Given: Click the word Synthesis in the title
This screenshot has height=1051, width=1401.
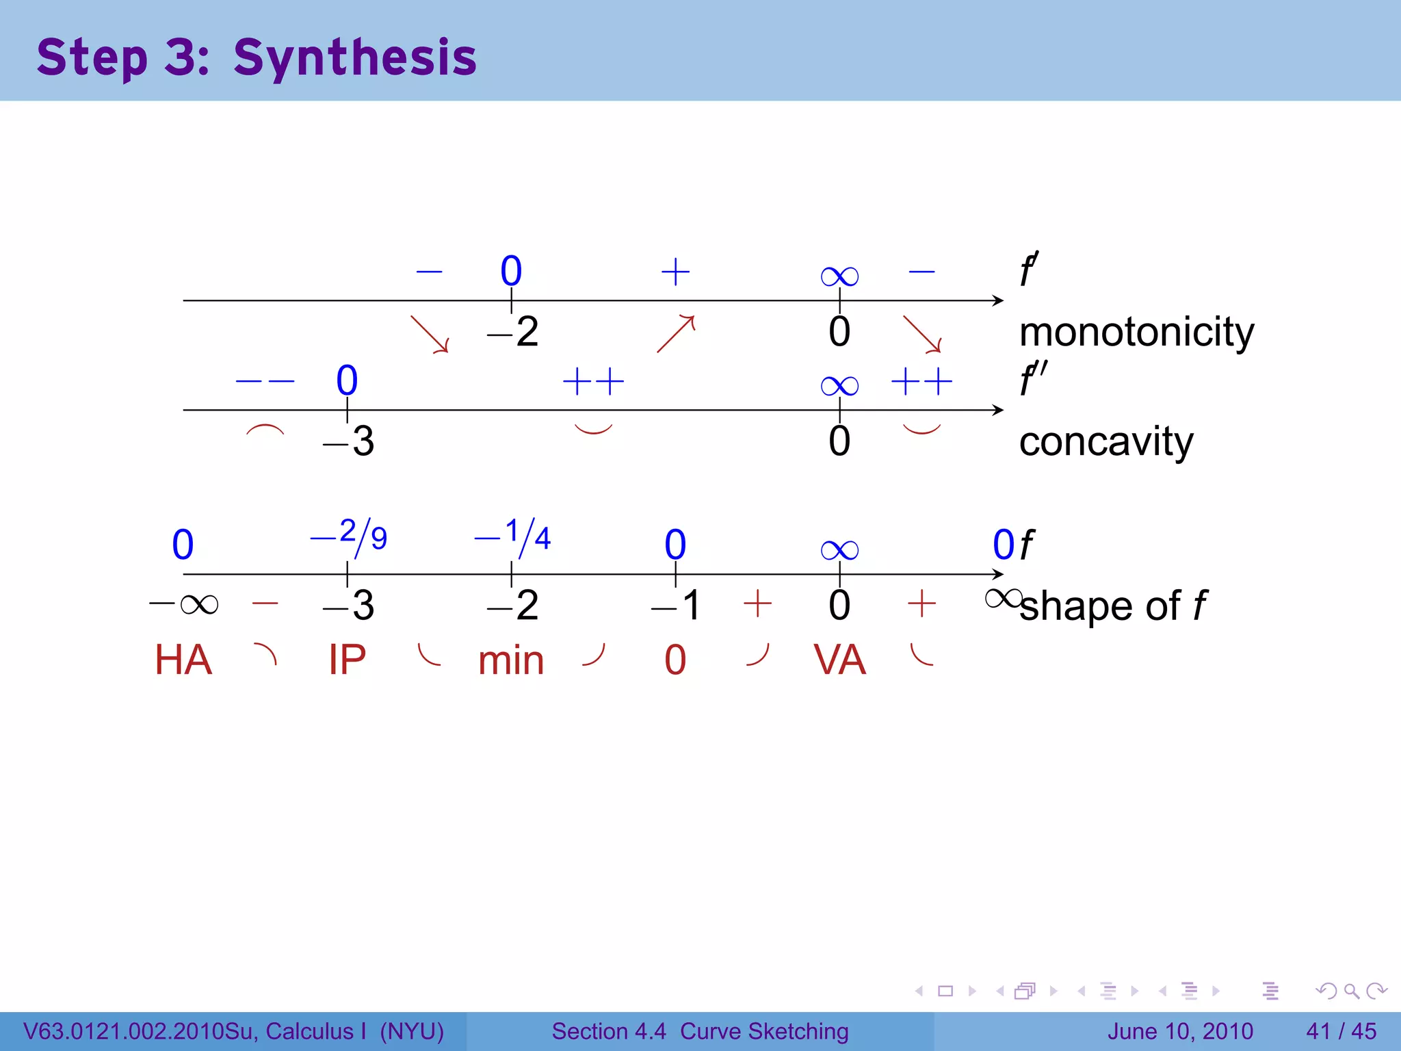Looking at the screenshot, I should [x=354, y=57].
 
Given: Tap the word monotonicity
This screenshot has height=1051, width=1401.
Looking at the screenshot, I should [x=1136, y=333].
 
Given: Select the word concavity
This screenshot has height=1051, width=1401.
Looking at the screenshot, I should [x=1105, y=442].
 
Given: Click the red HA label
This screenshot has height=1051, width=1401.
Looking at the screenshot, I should [x=183, y=660].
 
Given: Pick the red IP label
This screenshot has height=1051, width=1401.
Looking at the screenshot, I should [x=347, y=660].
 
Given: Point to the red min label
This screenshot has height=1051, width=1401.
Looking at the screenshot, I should [x=511, y=662].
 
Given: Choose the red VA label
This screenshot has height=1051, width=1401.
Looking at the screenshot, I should [x=839, y=660].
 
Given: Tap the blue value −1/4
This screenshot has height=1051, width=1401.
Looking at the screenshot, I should [x=512, y=536].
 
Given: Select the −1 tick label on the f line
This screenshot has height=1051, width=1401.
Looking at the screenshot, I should [x=676, y=606].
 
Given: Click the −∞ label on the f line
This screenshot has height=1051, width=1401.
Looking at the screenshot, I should [x=183, y=604].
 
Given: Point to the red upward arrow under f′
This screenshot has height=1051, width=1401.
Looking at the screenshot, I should [x=676, y=333].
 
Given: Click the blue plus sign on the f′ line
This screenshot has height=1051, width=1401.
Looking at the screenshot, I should [x=675, y=272].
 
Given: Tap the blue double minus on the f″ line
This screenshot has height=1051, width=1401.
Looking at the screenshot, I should [x=265, y=381].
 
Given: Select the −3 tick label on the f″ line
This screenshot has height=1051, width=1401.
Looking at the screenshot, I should [x=349, y=441].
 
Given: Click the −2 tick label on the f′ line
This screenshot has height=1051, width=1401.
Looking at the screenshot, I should [x=513, y=333].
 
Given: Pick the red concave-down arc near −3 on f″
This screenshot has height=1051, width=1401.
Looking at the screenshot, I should [x=265, y=430].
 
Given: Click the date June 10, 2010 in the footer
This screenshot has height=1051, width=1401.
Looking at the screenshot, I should [x=1180, y=1031].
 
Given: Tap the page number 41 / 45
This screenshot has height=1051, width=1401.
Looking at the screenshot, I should [x=1341, y=1031].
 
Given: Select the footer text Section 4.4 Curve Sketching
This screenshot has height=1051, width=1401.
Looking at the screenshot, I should [x=700, y=1031].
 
